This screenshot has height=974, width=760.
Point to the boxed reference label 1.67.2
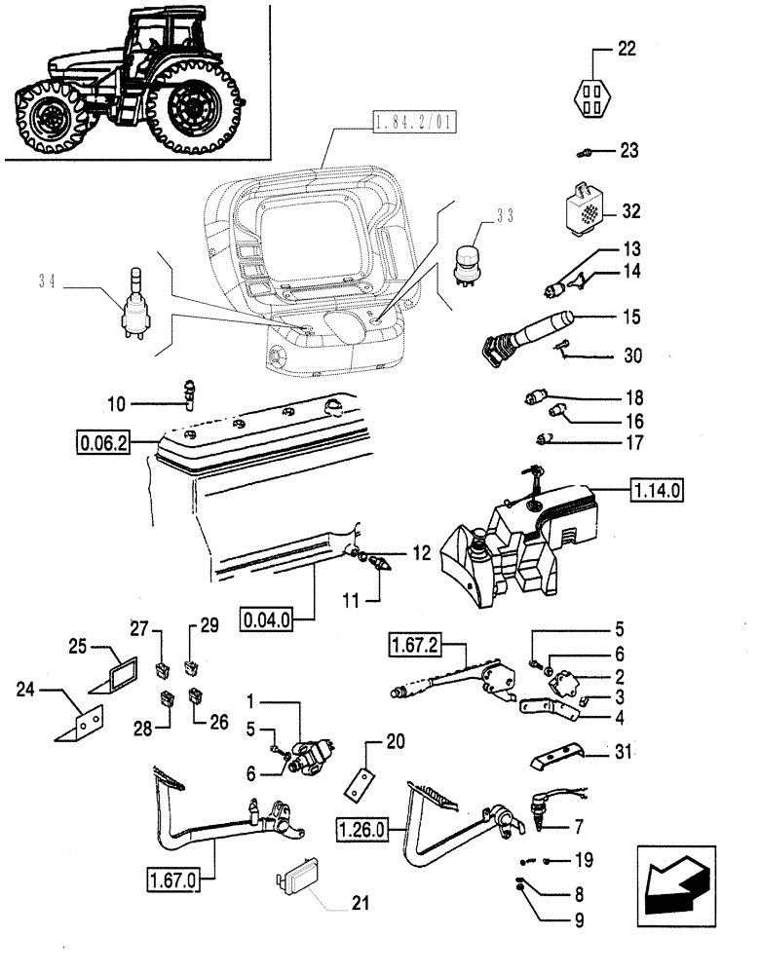[415, 645]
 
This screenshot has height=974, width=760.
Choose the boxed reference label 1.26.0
[363, 830]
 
